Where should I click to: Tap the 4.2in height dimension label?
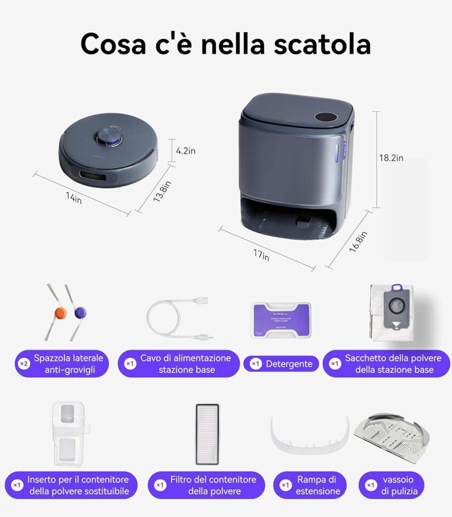(x=186, y=151)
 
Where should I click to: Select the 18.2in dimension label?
(x=391, y=158)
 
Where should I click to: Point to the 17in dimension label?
(x=261, y=256)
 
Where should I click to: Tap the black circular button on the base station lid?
(x=325, y=117)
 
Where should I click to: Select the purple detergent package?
(x=281, y=320)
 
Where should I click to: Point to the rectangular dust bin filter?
(x=207, y=434)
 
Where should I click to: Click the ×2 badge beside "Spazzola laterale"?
(x=23, y=364)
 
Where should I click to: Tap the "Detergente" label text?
(x=289, y=364)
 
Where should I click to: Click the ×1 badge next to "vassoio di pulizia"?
(x=371, y=485)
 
